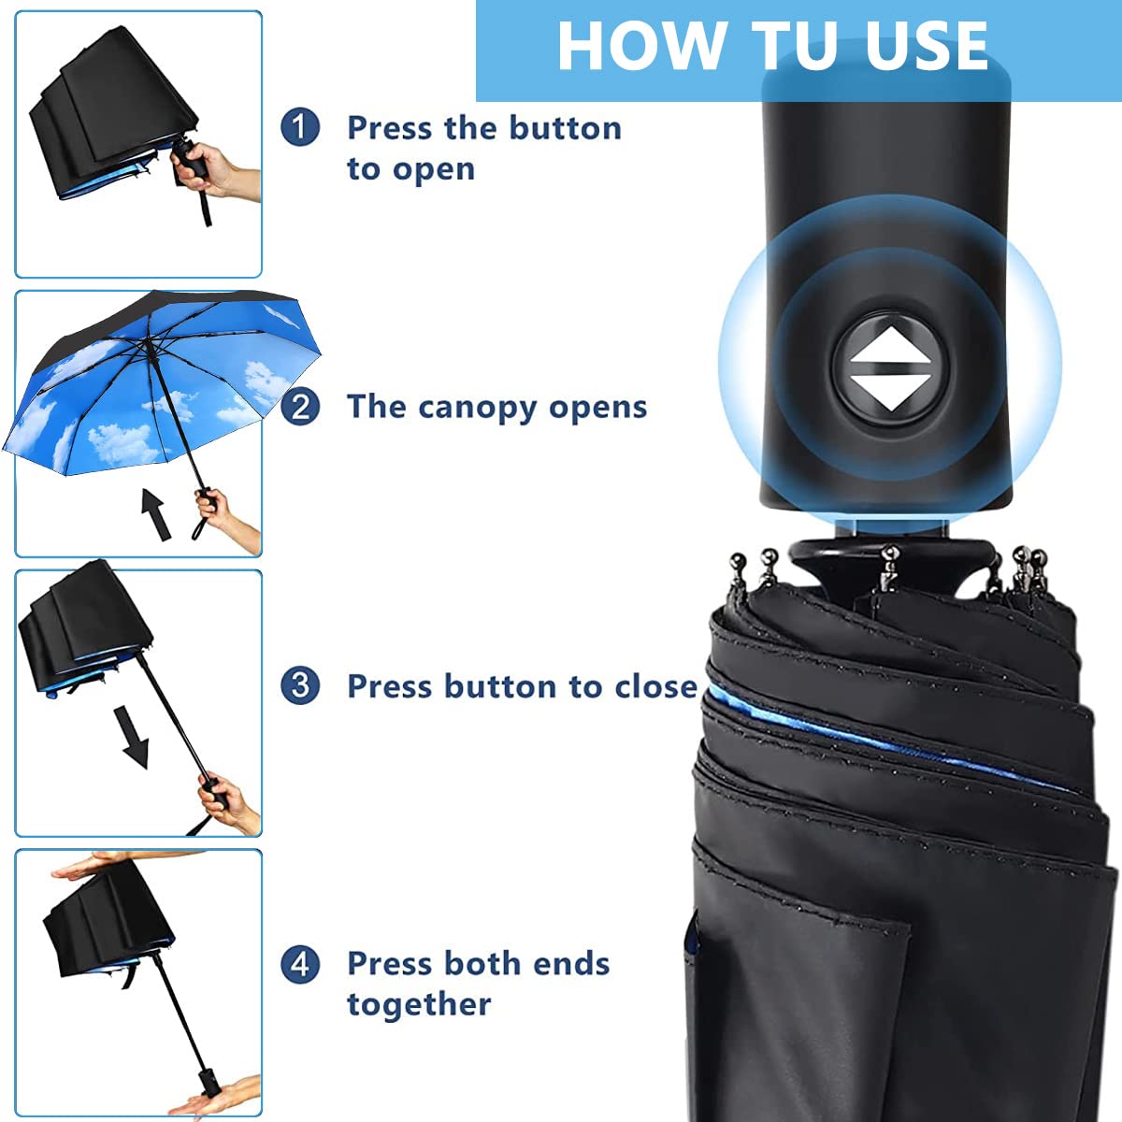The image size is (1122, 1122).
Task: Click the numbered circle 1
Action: click(x=300, y=127)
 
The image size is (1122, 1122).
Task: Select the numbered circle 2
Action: click(x=300, y=407)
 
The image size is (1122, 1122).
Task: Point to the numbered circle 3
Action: click(x=300, y=685)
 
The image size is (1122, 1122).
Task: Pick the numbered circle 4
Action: click(x=300, y=964)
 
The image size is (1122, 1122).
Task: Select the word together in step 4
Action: click(x=419, y=1005)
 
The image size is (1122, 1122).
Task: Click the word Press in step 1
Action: click(x=392, y=128)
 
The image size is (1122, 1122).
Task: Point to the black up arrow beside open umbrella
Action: click(x=156, y=512)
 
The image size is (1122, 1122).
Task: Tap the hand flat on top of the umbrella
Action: click(x=89, y=865)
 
